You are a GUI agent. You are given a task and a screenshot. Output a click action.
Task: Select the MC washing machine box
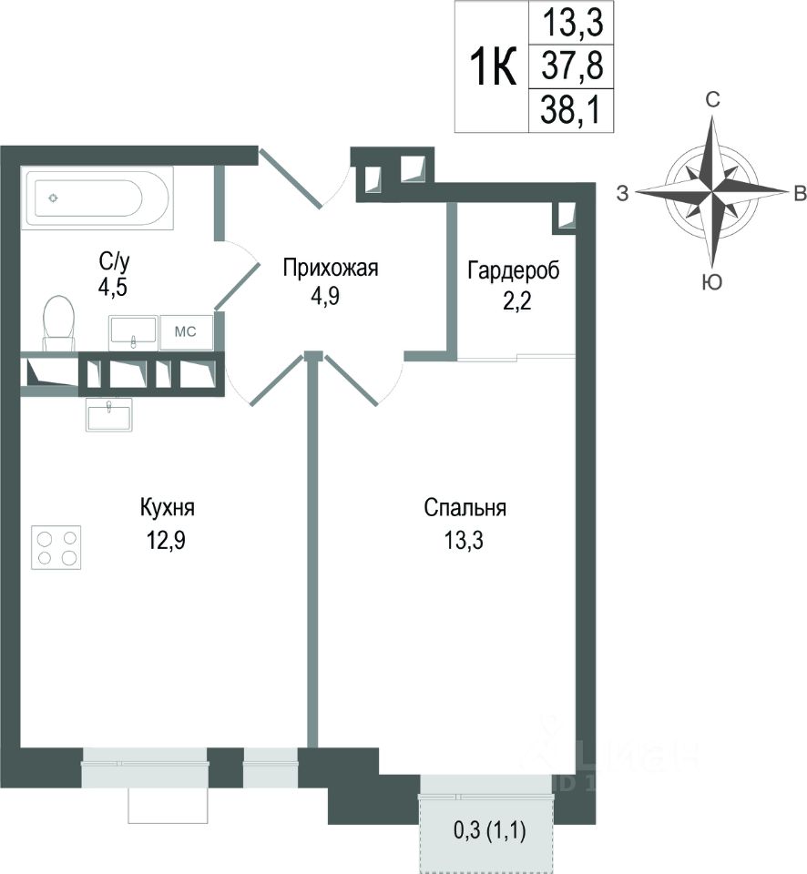click(186, 331)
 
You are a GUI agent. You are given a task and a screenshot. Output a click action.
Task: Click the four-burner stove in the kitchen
click(56, 547)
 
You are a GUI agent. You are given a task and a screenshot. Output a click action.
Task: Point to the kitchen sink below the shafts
click(109, 415)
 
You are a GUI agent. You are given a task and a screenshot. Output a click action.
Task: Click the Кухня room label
click(167, 508)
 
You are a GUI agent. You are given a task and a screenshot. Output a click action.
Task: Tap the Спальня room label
click(465, 508)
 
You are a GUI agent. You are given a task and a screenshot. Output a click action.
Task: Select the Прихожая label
click(330, 268)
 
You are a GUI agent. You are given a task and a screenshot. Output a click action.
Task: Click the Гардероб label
click(513, 270)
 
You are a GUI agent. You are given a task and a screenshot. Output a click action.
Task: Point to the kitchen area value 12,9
click(167, 539)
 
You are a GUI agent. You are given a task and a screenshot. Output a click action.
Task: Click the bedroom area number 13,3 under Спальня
click(465, 539)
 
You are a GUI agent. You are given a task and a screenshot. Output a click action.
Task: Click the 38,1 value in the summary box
click(567, 110)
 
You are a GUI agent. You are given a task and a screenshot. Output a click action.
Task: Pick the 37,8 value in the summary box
click(567, 66)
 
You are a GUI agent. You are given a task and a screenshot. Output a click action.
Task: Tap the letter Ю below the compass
click(713, 283)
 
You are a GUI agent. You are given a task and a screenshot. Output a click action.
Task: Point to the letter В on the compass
click(798, 192)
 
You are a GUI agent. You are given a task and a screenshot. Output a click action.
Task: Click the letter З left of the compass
click(623, 192)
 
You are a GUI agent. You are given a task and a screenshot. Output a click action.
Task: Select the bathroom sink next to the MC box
click(133, 331)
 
